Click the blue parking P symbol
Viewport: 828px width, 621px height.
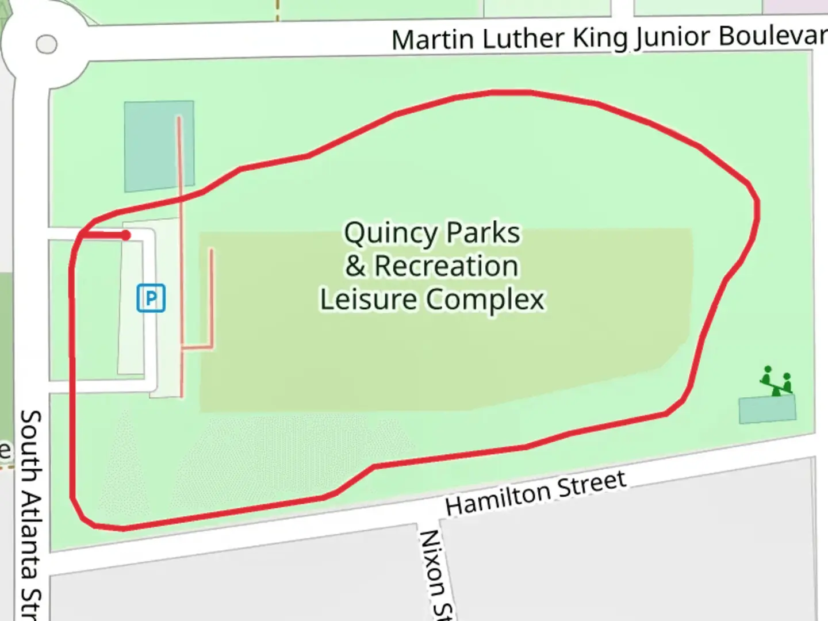(x=151, y=298)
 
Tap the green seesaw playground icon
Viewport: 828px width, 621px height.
(x=777, y=380)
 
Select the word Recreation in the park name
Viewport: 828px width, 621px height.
(x=446, y=266)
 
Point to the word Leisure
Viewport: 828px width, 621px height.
(x=368, y=299)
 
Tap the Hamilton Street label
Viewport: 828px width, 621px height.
(x=535, y=493)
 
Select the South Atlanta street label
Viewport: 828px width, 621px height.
(x=31, y=512)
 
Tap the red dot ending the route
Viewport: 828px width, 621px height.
(x=125, y=235)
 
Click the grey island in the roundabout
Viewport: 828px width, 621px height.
(x=46, y=44)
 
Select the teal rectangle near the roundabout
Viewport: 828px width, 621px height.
(x=159, y=146)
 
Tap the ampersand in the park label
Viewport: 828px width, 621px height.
(x=355, y=266)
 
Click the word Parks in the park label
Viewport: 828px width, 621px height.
(x=483, y=233)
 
